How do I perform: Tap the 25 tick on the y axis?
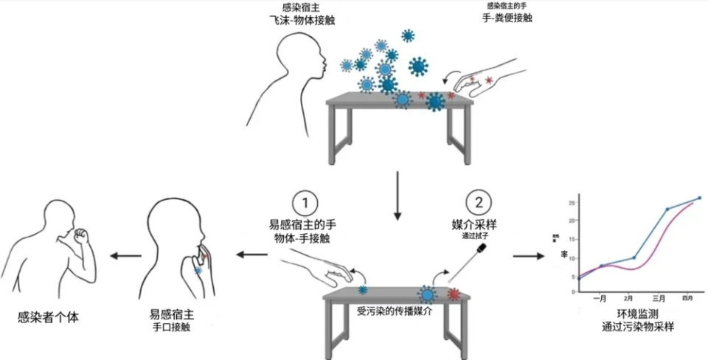(x=570, y=202)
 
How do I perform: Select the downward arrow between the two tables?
(x=398, y=195)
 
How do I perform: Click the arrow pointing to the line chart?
(x=525, y=256)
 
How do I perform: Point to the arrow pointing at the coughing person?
(x=126, y=256)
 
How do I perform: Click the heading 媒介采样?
(x=476, y=222)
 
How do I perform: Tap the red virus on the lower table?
(x=454, y=294)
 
